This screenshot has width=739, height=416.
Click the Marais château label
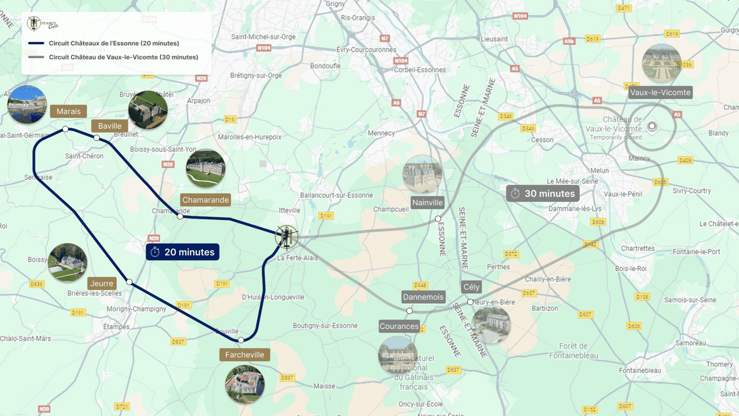68,111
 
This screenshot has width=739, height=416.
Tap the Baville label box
109,126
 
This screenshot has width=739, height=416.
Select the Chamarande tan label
205,200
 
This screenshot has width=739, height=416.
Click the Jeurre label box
102,283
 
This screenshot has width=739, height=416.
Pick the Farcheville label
244,354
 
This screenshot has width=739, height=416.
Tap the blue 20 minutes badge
183,252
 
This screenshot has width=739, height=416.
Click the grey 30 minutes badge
543,194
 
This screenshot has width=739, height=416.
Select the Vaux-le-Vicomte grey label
660,92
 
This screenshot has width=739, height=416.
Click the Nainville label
427,203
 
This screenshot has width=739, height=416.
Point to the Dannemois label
423,297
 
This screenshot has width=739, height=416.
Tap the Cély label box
471,287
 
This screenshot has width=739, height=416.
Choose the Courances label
399,326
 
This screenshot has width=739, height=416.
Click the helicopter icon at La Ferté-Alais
286,237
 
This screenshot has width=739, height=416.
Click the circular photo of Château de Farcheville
245,384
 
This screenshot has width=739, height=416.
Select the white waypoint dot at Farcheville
241,340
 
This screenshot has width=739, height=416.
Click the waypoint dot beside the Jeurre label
129,282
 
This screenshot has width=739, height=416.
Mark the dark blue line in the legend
36,43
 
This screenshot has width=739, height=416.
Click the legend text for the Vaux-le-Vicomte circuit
123,57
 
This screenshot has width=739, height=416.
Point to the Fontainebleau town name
639,371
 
